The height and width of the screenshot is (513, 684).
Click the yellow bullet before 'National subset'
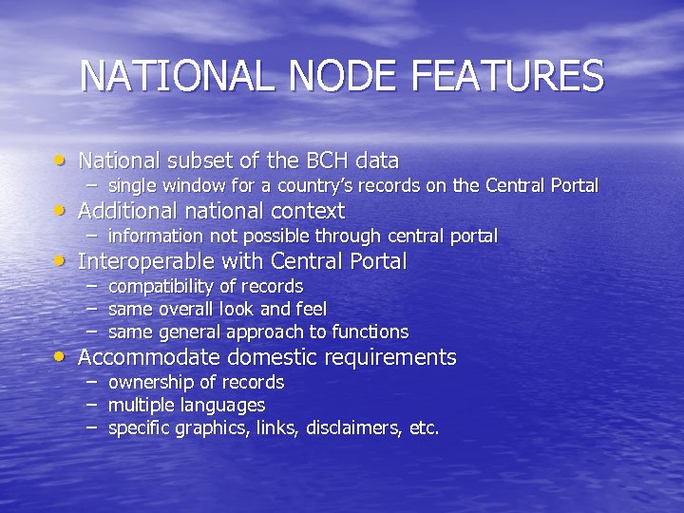[x=62, y=159]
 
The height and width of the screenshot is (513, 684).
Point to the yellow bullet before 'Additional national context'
[x=62, y=209]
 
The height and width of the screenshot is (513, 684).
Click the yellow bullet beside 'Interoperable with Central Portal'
[x=62, y=259]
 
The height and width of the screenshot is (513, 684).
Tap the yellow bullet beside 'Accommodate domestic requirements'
[x=62, y=356]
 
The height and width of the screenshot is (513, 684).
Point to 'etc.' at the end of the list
[x=424, y=428]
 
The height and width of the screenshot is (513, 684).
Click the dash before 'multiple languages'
[x=91, y=405]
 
